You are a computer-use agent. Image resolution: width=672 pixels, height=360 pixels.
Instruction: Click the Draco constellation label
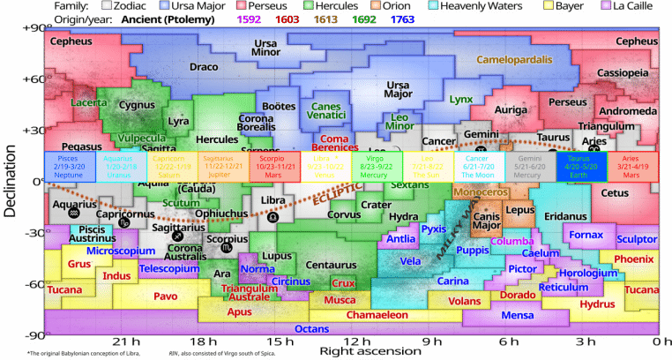204,67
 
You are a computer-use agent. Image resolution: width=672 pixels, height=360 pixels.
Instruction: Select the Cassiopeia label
623,73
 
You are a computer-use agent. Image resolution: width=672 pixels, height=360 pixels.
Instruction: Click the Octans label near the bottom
311,329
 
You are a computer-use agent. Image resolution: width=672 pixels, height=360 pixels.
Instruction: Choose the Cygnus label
136,105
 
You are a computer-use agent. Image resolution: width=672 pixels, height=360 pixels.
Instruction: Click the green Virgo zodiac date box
374,167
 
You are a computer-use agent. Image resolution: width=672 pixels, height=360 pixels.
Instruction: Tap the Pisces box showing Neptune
67,167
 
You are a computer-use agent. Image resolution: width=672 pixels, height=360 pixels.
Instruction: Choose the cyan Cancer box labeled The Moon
477,167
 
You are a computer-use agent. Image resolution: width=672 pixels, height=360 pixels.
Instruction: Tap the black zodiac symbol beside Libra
273,216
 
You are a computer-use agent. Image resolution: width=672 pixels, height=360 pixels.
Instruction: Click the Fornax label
586,235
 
